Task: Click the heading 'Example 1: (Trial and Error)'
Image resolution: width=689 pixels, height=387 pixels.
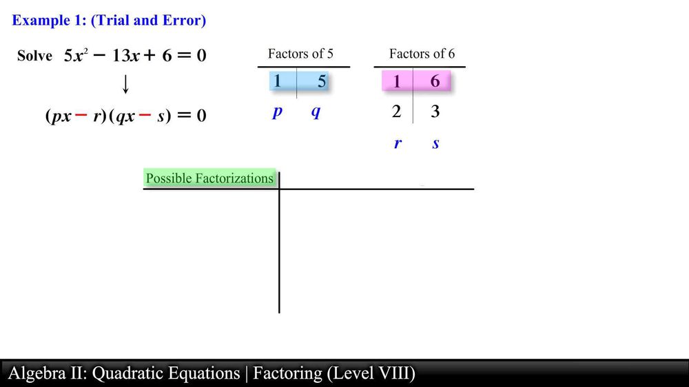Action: pos(109,21)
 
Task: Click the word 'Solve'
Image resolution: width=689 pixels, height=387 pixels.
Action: pos(34,56)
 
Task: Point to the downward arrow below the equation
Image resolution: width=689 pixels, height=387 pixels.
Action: pos(125,85)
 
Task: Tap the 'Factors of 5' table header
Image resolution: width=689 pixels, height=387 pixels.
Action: pos(300,54)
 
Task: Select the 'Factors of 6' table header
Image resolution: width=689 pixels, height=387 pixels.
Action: pos(422,54)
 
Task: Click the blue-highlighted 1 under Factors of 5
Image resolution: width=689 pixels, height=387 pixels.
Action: pos(278,81)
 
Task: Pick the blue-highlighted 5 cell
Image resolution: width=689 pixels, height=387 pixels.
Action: pos(321,81)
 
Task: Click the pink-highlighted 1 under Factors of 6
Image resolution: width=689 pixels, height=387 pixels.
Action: pos(396,81)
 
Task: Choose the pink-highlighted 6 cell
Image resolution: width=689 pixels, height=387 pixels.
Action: pos(435,81)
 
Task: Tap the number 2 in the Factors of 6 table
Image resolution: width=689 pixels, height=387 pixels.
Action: pos(396,112)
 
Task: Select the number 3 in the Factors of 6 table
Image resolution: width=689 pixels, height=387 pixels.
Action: pos(435,112)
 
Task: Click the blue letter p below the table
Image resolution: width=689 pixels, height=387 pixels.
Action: pos(278,112)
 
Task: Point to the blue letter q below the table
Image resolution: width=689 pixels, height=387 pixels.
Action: pos(316,112)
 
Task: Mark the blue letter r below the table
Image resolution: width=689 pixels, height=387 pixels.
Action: pos(398,144)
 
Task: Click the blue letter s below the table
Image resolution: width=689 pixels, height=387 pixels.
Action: pos(435,144)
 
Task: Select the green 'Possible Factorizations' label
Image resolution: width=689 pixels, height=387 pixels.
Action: pos(209,178)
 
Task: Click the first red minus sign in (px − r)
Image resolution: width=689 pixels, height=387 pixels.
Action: pos(81,116)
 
